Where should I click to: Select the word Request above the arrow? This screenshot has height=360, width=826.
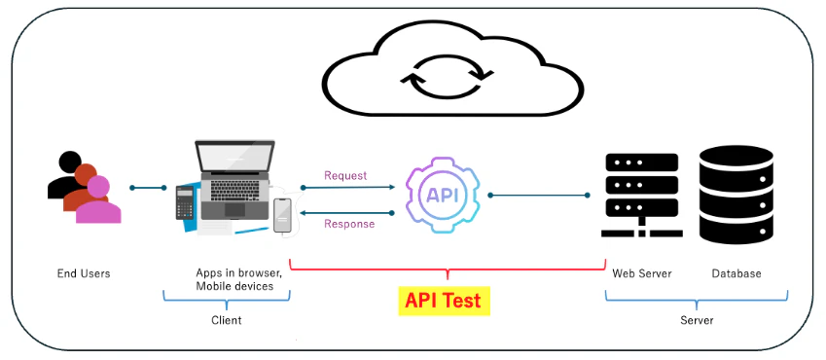[x=345, y=176]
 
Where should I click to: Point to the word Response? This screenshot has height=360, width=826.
[x=349, y=224]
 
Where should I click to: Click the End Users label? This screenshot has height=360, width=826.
[x=84, y=273]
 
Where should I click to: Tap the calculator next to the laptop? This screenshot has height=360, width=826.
[x=184, y=203]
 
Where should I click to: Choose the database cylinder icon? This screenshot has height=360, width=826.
[x=736, y=194]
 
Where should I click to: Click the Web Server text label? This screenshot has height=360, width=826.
[x=641, y=273]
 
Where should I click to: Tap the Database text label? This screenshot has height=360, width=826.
[x=736, y=273]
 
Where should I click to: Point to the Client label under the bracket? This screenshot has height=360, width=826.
[x=227, y=320]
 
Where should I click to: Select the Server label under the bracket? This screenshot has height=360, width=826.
[x=697, y=320]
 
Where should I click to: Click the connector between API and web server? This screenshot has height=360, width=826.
[x=540, y=195]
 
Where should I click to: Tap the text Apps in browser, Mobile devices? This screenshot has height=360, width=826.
[x=238, y=279]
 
